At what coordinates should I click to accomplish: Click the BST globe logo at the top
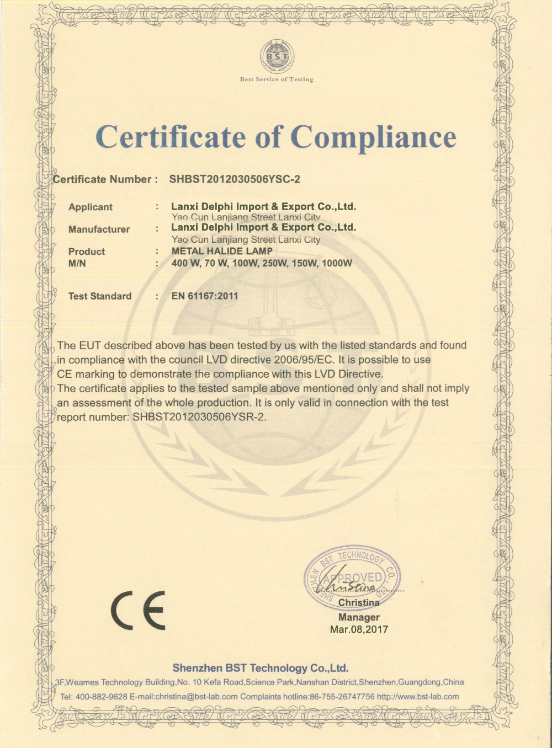[277, 56]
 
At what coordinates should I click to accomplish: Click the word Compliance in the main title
[374, 137]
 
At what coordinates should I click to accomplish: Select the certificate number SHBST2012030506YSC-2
[235, 179]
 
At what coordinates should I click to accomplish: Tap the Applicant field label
[90, 207]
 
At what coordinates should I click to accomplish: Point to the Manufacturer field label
[99, 229]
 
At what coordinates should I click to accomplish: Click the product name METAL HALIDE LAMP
[222, 251]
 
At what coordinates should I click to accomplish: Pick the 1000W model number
[336, 263]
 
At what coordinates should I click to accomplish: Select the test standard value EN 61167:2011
[205, 296]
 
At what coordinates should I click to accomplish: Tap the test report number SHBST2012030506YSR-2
[199, 417]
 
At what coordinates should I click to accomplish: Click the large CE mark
[138, 610]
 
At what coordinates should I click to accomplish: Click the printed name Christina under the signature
[359, 603]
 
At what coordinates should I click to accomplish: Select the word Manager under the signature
[359, 617]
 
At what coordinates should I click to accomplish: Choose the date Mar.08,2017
[359, 629]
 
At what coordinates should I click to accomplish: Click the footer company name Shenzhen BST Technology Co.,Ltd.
[260, 668]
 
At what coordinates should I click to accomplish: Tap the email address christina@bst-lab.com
[197, 697]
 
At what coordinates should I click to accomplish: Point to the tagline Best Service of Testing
[277, 79]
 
